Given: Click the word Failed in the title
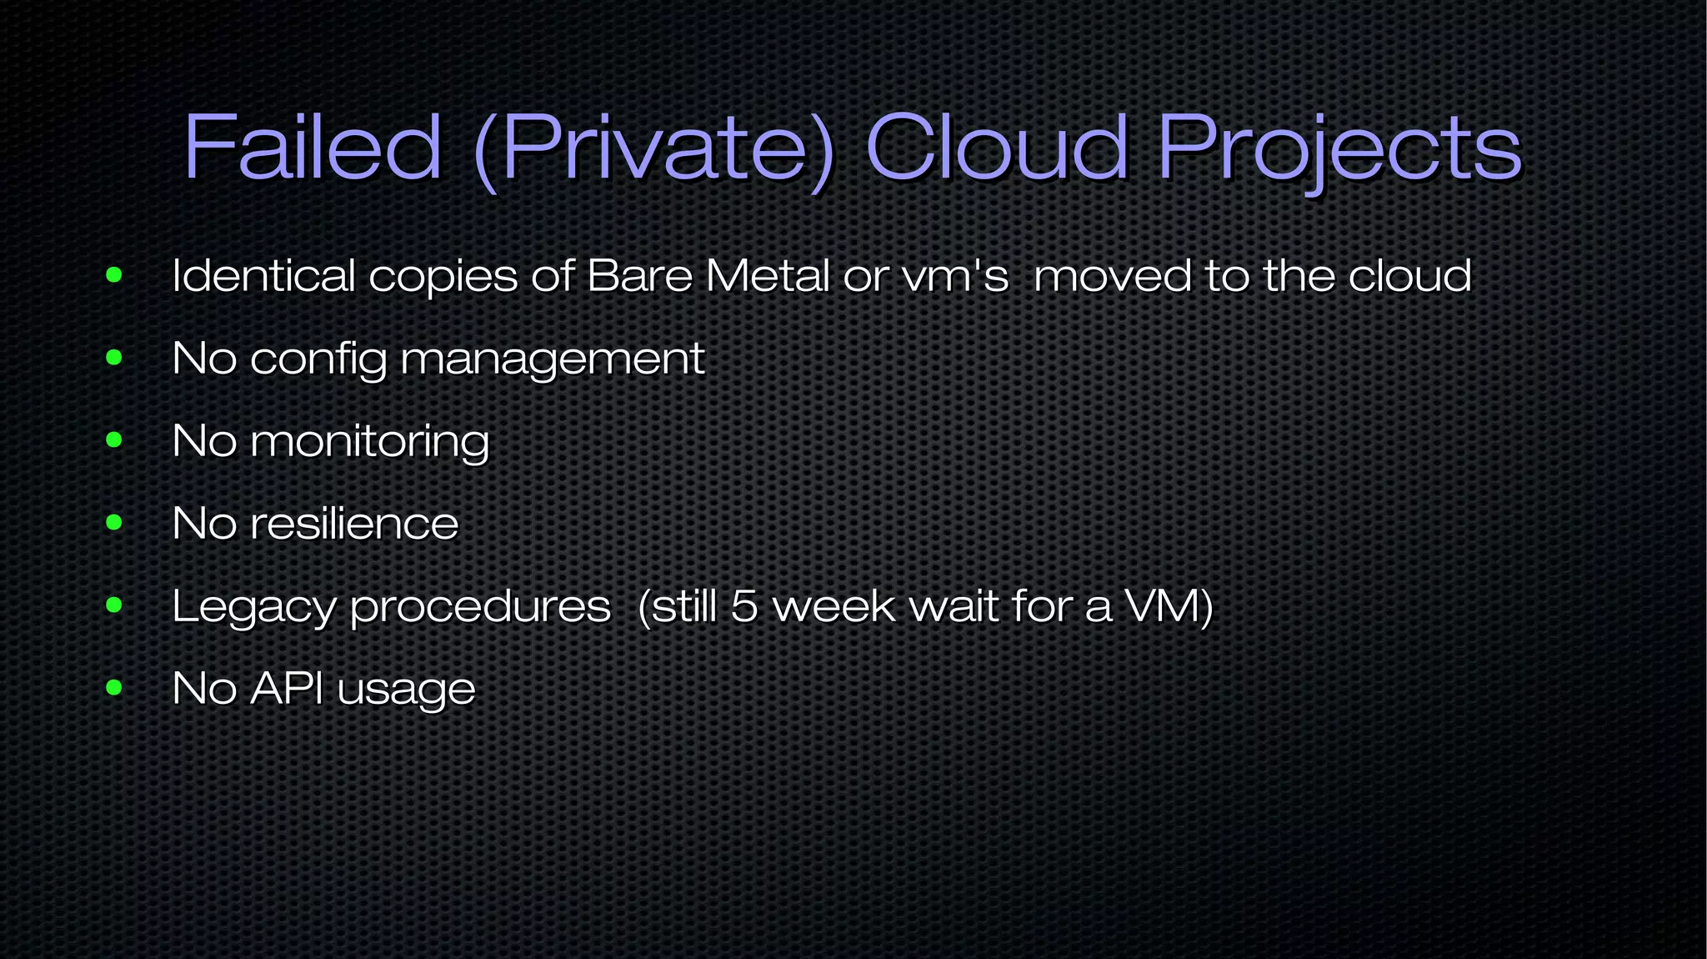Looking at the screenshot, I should tap(312, 148).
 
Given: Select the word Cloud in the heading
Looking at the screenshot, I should tap(997, 148).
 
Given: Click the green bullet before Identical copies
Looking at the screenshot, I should tap(114, 275).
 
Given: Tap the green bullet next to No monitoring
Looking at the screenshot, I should tap(114, 440).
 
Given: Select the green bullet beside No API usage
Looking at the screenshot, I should tap(114, 688).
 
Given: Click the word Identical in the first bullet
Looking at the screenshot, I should tap(263, 275).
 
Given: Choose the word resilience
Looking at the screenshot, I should tap(354, 524).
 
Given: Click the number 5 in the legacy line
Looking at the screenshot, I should tap(743, 606).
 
